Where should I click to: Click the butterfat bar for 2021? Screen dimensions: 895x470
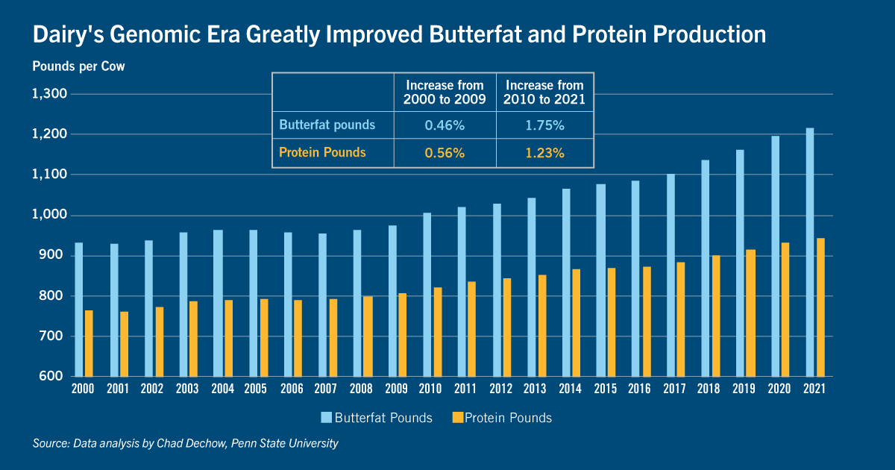(810, 252)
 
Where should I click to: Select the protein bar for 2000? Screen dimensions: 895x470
(89, 343)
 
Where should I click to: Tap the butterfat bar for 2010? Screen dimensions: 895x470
(427, 295)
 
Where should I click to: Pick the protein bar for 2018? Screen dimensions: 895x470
(716, 316)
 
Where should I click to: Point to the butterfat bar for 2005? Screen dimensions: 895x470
(254, 303)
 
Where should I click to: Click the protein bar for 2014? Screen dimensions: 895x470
(576, 322)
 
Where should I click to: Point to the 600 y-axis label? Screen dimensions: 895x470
(51, 376)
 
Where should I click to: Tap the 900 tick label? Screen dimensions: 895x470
(51, 255)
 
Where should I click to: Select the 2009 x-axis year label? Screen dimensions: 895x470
(396, 389)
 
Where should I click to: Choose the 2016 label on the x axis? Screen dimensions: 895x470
(639, 389)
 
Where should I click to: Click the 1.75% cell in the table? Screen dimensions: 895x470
(544, 125)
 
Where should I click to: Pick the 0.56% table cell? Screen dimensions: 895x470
(445, 153)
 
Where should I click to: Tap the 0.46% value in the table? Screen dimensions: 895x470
(445, 125)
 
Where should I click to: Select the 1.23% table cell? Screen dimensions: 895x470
(544, 153)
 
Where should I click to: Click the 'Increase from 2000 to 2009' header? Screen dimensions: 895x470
(445, 93)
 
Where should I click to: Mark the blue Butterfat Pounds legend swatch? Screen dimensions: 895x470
(327, 418)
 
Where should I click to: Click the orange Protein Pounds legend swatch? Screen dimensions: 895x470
(457, 418)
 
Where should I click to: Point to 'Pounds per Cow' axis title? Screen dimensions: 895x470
(79, 66)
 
